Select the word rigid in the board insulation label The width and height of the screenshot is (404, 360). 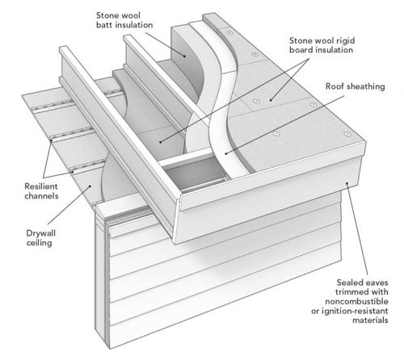tap(346, 41)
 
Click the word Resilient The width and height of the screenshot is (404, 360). tap(41, 186)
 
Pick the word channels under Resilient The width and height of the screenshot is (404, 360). tap(41, 196)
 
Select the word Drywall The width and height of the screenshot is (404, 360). tap(41, 233)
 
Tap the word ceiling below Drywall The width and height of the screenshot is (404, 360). tap(40, 243)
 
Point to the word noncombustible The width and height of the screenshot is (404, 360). tap(356, 302)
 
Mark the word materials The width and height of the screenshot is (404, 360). tap(370, 320)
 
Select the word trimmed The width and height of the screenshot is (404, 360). tap(351, 292)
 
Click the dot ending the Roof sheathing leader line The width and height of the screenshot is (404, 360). tap(226, 153)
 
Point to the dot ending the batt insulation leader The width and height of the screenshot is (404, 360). tap(185, 57)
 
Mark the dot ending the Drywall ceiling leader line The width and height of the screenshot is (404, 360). tap(90, 186)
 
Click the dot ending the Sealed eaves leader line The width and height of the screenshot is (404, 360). tap(347, 183)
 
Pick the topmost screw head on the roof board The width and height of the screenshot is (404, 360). tap(229, 33)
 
